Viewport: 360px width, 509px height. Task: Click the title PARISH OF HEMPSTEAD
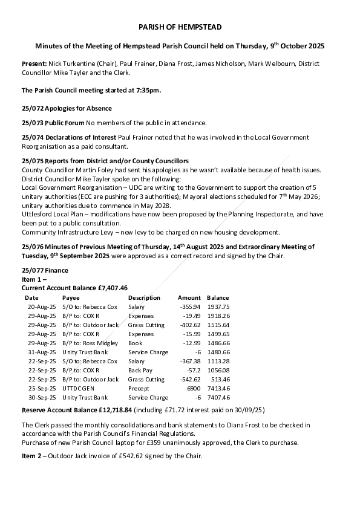(180, 27)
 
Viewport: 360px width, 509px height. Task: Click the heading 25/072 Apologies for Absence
(67, 108)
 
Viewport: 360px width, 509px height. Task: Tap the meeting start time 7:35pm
(148, 91)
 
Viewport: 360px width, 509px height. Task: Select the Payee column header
(71, 297)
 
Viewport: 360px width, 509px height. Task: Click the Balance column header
(218, 297)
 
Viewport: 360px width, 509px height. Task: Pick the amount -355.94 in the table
(189, 306)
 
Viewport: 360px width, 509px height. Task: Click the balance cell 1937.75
(218, 306)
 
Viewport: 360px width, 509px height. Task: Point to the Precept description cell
(139, 388)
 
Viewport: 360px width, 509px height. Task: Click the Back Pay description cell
(140, 370)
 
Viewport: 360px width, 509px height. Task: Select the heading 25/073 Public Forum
(53, 123)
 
